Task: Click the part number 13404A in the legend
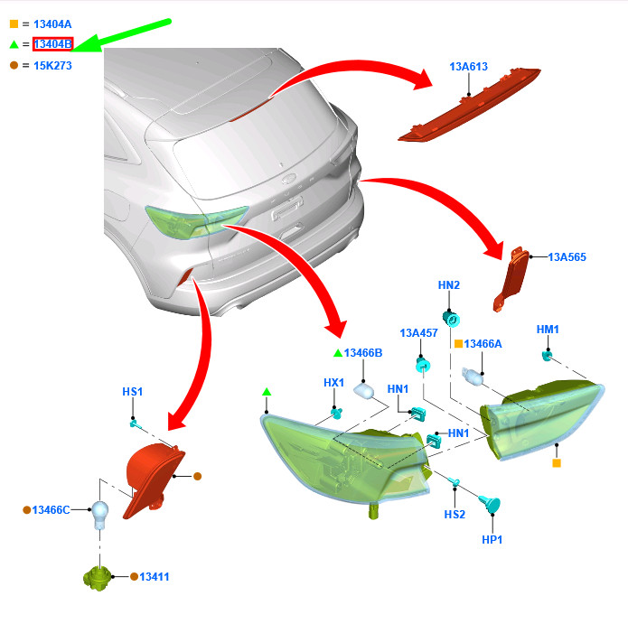click(52, 24)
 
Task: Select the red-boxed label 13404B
click(53, 44)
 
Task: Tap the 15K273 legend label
click(52, 65)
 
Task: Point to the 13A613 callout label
click(468, 67)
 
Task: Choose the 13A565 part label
click(567, 257)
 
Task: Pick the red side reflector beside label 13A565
click(511, 279)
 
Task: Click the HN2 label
click(449, 285)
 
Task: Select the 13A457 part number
click(418, 333)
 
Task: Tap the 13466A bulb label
click(483, 344)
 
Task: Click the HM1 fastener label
click(548, 330)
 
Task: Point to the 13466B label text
click(363, 353)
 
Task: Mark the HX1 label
click(334, 383)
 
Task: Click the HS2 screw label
click(455, 515)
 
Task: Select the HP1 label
click(492, 540)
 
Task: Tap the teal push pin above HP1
click(490, 505)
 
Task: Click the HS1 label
click(133, 392)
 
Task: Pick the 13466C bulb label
click(51, 510)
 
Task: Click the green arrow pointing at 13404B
click(121, 35)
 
